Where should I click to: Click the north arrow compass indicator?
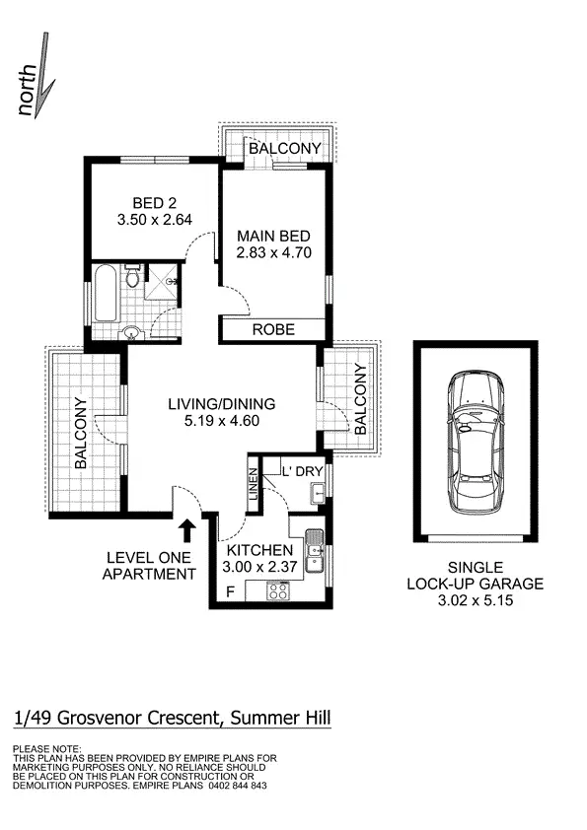coord(35,77)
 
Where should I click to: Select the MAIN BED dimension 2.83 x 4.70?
coord(274,252)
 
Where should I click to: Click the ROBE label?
coord(273,330)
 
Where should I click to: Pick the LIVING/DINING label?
coord(221,403)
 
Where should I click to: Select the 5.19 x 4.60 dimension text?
coord(221,421)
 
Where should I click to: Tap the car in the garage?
coord(476,442)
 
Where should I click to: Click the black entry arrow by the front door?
coord(188,531)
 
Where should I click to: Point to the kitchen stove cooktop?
coord(279,591)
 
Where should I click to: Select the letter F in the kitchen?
coord(231,592)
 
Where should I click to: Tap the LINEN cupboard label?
coord(254,487)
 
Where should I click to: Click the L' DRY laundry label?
coord(303,471)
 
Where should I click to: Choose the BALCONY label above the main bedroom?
coord(284,148)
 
